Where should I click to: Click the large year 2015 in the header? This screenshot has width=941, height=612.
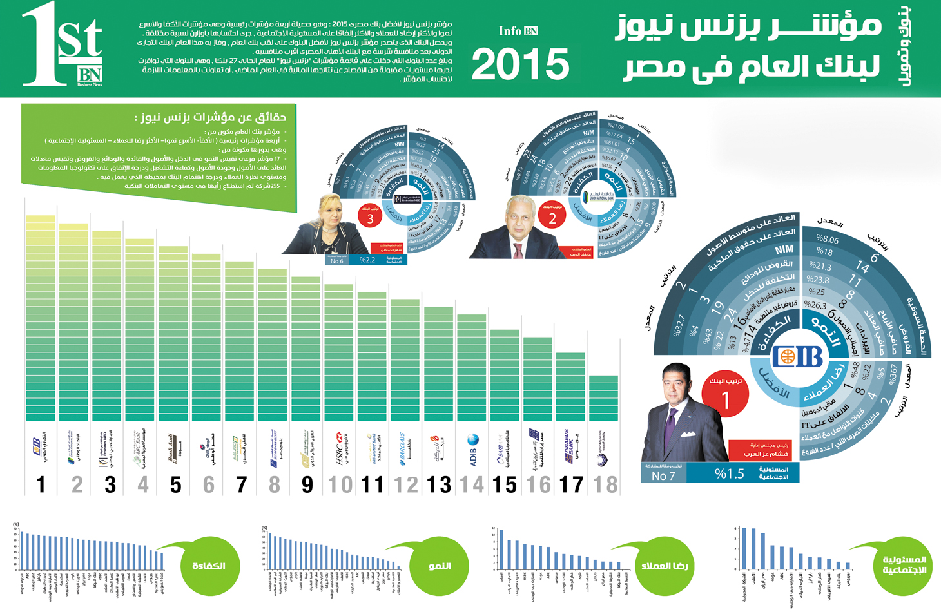[x=521, y=65]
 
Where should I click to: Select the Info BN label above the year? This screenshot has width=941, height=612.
[x=518, y=31]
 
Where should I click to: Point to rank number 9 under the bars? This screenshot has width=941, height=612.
[x=307, y=484]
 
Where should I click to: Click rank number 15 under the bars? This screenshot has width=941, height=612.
[x=505, y=484]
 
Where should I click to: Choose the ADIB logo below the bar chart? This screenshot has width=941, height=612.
[x=472, y=448]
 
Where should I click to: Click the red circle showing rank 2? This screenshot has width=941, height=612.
[x=552, y=215]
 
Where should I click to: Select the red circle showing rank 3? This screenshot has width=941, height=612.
[x=370, y=216]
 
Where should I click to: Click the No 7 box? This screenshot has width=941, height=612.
[x=663, y=475]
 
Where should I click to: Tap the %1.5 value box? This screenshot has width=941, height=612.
[x=729, y=474]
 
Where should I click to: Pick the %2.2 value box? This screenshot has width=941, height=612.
[x=368, y=260]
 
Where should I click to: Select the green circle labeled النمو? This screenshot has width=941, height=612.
[x=440, y=566]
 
